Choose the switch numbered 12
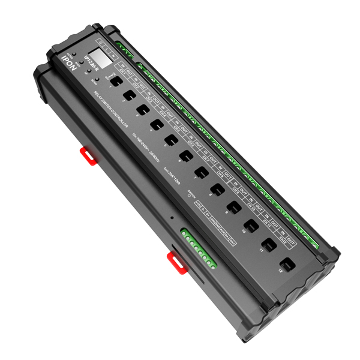pos(288,264)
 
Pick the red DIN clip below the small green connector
pos(175,259)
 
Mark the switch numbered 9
pos(233,207)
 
